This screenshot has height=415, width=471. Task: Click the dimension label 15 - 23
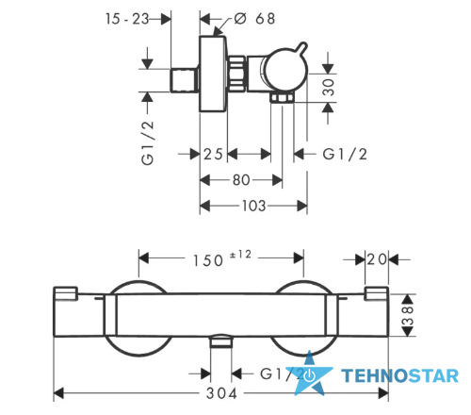pos(127,19)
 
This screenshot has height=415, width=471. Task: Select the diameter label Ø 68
pos(254,19)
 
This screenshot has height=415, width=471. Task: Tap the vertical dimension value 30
pos(329,87)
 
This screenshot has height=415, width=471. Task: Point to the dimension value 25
pos(213,154)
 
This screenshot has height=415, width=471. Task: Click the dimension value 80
pos(241,180)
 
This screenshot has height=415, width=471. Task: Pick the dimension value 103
pos(253,206)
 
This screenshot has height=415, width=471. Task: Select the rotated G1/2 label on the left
pos(148,142)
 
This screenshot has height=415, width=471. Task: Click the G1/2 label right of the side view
pos(345,154)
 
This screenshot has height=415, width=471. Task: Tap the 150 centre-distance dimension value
pos(208,260)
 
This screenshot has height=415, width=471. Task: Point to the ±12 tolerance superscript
pos(240,255)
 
